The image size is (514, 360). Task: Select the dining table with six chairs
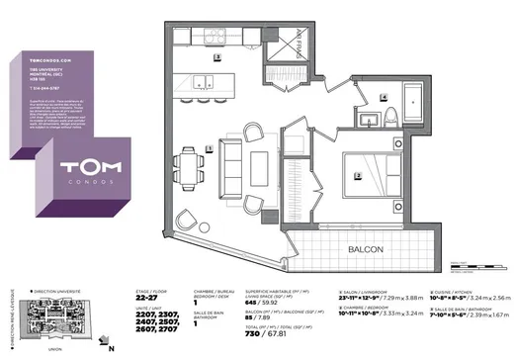pyautogui.click(x=191, y=164)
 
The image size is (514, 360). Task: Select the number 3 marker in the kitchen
pyautogui.click(x=217, y=58)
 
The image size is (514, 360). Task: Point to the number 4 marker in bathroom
pyautogui.click(x=384, y=98)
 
